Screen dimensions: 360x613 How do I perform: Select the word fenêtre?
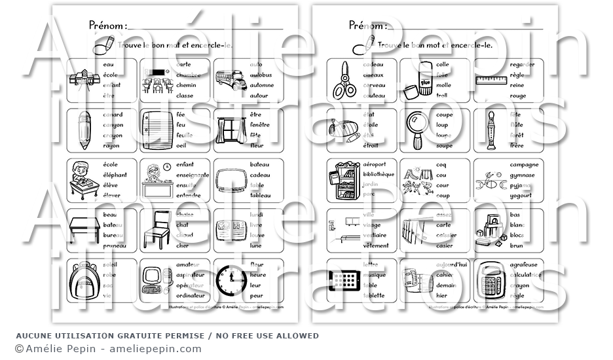point(259,124)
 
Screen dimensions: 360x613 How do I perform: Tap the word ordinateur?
point(190,295)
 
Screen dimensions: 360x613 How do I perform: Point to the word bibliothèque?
point(379,174)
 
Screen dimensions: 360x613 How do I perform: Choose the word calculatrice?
point(526,275)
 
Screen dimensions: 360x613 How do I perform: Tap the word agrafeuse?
point(523,265)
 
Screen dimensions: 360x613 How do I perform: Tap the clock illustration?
point(229,281)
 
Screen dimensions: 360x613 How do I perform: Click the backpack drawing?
point(84,281)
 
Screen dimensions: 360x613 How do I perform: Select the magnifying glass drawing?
point(416,130)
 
